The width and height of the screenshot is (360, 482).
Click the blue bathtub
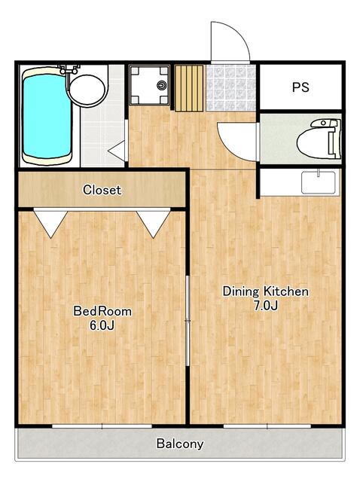[47, 116]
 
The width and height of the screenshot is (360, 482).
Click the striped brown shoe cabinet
[190, 87]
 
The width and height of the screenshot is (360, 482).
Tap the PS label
[301, 87]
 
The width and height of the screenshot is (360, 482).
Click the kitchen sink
[319, 182]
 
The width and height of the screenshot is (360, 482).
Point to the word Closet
[102, 190]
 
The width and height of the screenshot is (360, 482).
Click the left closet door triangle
[50, 224]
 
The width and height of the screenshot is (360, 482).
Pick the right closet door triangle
[154, 224]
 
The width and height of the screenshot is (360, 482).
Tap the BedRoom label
[102, 310]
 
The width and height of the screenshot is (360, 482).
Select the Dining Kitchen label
[265, 291]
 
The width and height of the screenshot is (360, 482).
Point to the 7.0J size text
[266, 306]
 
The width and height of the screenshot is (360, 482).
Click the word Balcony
[180, 444]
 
